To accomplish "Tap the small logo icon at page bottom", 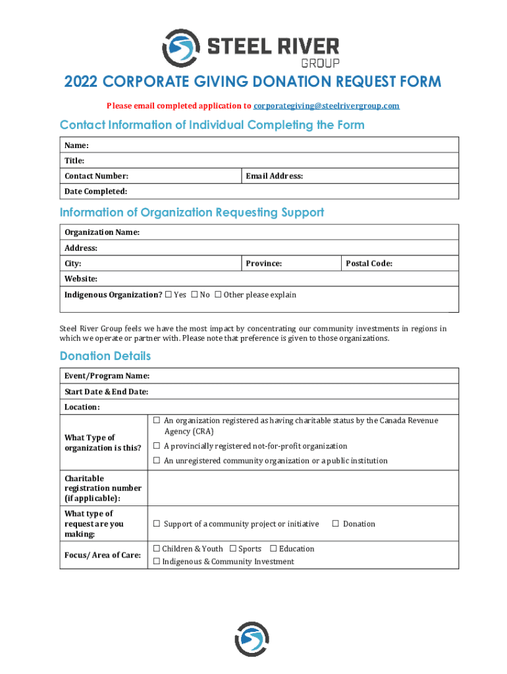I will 252,639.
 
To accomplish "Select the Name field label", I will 76,145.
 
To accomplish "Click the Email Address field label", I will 274,176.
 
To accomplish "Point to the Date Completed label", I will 95,192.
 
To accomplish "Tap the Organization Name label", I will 101,232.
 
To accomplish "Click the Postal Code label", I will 369,263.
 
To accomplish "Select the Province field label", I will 263,263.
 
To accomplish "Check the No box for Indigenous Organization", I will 194,295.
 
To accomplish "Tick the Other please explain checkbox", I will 218,295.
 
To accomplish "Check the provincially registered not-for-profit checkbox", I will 157,446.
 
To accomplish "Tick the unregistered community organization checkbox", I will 157,461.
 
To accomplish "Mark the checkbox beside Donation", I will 335,524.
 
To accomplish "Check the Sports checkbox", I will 232,549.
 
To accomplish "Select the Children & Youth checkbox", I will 157,549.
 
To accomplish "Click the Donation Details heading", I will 105,356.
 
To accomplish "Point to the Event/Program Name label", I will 107,376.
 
